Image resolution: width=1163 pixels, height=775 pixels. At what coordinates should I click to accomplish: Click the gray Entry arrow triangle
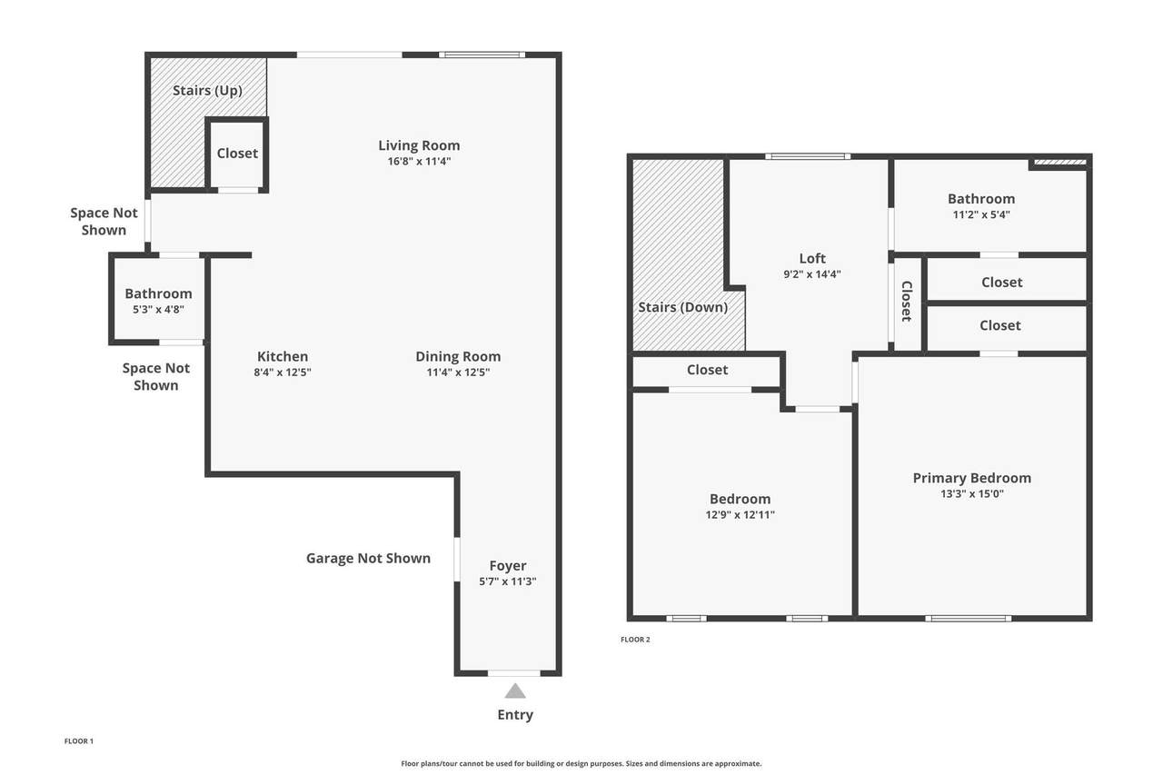point(515,691)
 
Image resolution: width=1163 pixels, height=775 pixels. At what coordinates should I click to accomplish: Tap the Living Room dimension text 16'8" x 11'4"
point(419,162)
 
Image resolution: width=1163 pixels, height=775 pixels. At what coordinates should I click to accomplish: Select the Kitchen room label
point(283,357)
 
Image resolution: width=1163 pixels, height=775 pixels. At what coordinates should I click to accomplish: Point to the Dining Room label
point(458,357)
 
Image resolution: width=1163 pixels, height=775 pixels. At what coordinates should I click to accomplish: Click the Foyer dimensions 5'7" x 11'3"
point(507,581)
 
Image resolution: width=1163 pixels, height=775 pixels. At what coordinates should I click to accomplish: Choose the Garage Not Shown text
point(368,558)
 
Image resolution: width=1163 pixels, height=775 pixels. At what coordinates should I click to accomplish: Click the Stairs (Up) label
point(207,91)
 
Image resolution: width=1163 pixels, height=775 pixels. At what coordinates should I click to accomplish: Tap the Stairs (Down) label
point(682,307)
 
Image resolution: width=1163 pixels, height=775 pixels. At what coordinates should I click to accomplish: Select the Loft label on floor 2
point(812,259)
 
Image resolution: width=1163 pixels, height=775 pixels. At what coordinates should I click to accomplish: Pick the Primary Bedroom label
point(972,478)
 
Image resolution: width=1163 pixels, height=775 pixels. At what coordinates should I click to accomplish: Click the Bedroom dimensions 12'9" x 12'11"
point(740,515)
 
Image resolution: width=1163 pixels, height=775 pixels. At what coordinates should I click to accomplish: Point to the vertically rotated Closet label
point(907,301)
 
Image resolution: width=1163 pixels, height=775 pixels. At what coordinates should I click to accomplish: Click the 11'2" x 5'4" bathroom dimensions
point(981,214)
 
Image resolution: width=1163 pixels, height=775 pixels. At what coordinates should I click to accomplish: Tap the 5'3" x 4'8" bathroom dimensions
point(158,310)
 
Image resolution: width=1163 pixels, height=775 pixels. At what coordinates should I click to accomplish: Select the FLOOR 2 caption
point(635,640)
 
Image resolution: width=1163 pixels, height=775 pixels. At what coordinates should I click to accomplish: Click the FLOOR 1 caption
point(79,741)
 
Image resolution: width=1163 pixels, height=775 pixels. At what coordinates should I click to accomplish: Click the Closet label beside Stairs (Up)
point(237,154)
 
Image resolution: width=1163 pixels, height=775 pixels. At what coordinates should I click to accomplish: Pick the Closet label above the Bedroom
point(707,370)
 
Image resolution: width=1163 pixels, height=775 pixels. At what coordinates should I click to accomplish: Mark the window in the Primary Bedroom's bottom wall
point(968,618)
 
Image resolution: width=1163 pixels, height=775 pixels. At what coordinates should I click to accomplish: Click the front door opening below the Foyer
point(514,673)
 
